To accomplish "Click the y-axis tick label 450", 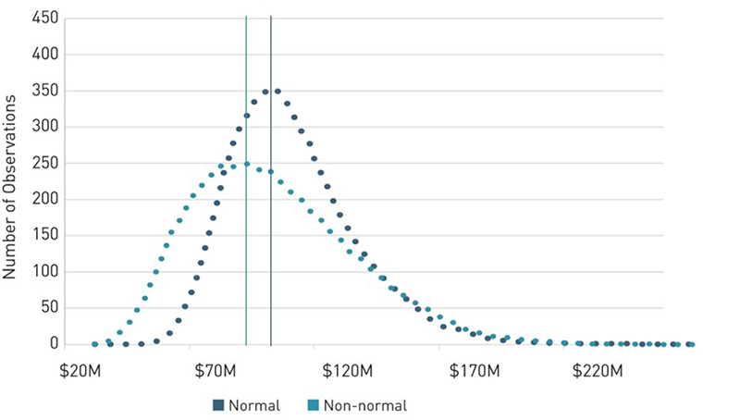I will pyautogui.click(x=46, y=19).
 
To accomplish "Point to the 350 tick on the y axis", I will pyautogui.click(x=46, y=91).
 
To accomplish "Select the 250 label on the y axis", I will pyautogui.click(x=46, y=164).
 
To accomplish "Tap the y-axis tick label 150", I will pyautogui.click(x=46, y=236).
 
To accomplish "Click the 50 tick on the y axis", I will pyautogui.click(x=50, y=308).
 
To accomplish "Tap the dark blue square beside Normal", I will pyautogui.click(x=218, y=405).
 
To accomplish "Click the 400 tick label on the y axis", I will pyautogui.click(x=46, y=55).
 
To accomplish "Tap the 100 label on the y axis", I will pyautogui.click(x=46, y=272).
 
